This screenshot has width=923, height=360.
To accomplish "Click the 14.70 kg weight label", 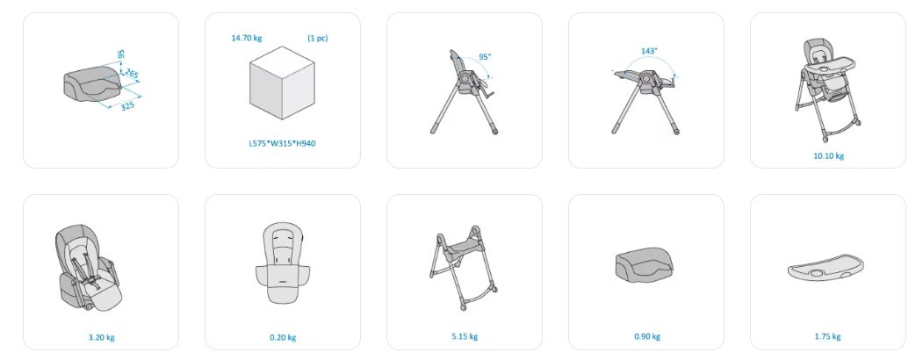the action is (247, 39).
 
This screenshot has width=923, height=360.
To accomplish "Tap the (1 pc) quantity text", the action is (317, 39).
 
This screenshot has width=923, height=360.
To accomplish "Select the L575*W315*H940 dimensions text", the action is (282, 143).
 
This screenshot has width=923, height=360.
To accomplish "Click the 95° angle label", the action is (485, 57).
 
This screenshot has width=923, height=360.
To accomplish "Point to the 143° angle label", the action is (649, 51).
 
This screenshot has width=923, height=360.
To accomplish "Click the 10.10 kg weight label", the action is (828, 156).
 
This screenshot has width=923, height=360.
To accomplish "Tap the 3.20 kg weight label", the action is (101, 338).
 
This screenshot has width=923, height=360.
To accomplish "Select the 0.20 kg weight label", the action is (283, 338).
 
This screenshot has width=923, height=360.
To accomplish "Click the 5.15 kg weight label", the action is (465, 336).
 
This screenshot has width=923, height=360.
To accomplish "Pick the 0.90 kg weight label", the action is (647, 336).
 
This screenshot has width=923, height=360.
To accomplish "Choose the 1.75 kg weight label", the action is (827, 336).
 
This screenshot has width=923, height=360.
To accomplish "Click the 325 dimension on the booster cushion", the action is (127, 106).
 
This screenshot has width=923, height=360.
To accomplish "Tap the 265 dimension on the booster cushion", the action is (132, 75).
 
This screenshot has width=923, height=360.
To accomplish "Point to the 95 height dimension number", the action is (121, 54).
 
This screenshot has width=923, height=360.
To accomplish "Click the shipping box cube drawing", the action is (282, 83).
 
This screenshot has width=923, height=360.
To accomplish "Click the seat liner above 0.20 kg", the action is (283, 263).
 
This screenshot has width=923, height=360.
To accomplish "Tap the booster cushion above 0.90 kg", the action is (645, 263).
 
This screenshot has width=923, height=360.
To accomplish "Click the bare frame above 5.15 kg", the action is (464, 267).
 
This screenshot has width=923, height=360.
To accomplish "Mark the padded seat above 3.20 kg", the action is (89, 268).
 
